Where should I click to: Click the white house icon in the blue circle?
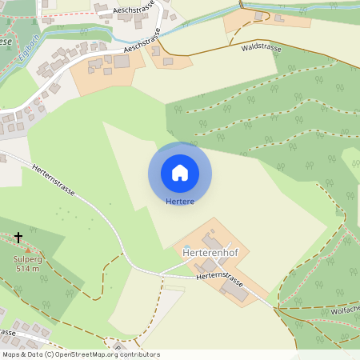(x=180, y=172)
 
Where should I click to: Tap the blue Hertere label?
(x=180, y=202)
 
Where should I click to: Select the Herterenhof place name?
(x=210, y=253)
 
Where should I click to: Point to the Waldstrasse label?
(x=261, y=48)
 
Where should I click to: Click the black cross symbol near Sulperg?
(x=18, y=237)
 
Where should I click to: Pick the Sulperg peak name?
(x=26, y=260)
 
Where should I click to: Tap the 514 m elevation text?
(x=26, y=270)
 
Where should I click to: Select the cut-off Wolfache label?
(x=342, y=310)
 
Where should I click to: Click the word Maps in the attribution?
(x=12, y=354)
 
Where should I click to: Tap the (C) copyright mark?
(x=50, y=354)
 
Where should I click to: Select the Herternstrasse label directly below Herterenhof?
(x=218, y=278)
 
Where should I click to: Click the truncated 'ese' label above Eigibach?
(x=6, y=41)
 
